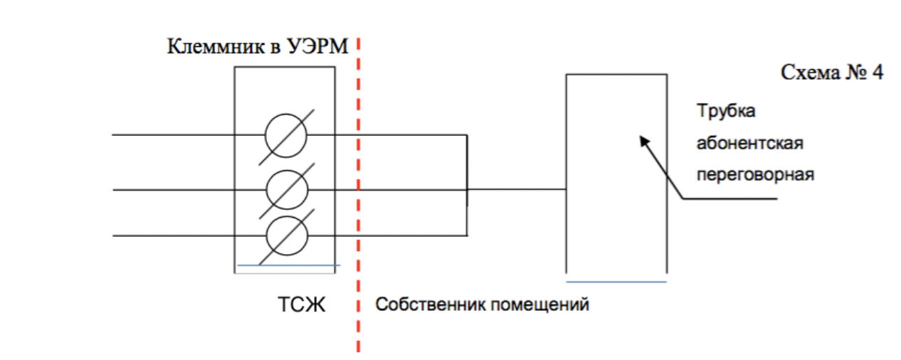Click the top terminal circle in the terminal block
[x=285, y=134]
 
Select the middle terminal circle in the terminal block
[x=286, y=189]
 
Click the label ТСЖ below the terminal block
[x=301, y=305]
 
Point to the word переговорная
[x=754, y=174]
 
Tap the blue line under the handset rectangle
[x=616, y=282]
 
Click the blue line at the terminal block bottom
[x=288, y=265]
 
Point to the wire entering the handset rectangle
[x=517, y=189]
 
